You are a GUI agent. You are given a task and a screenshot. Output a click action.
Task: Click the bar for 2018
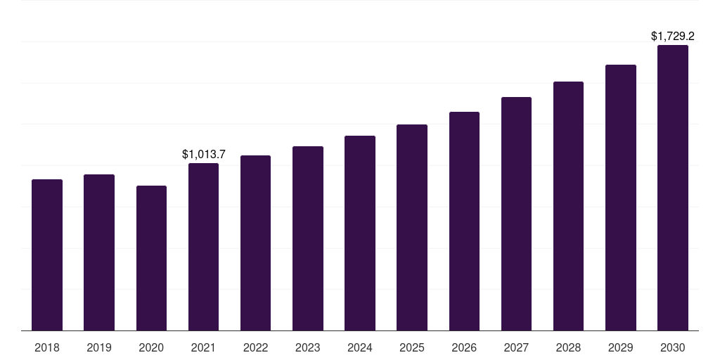tap(47, 255)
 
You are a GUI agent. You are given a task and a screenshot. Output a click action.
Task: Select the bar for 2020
tap(151, 258)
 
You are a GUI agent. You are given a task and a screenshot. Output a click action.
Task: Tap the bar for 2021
tap(203, 247)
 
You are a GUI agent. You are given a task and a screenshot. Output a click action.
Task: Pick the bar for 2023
tap(308, 238)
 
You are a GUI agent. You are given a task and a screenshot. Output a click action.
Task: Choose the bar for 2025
tap(412, 227)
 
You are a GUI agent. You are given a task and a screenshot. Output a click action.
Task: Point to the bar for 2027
tap(516, 214)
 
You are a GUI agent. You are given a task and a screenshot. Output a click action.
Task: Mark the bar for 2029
tap(621, 198)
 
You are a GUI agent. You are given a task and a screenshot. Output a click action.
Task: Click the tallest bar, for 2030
tap(673, 188)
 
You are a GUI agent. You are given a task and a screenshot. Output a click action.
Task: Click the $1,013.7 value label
tap(203, 153)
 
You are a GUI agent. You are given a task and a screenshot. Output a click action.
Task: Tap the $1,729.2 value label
tap(673, 35)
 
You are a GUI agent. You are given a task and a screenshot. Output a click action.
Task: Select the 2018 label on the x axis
tap(47, 347)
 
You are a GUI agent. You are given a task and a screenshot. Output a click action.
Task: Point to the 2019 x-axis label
tap(99, 347)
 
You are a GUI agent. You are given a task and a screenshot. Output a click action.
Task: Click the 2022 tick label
tap(255, 347)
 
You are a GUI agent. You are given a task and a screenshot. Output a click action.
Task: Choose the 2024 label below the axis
tap(360, 347)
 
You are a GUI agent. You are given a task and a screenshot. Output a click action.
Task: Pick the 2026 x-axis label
tap(464, 347)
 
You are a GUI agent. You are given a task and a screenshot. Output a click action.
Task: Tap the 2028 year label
tap(568, 347)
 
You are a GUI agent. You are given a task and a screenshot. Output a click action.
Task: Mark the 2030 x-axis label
tap(673, 347)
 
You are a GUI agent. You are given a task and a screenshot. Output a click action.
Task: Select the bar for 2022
tap(255, 243)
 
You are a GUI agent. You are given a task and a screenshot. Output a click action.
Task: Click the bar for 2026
tap(464, 221)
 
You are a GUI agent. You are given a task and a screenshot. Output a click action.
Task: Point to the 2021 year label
tap(203, 347)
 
